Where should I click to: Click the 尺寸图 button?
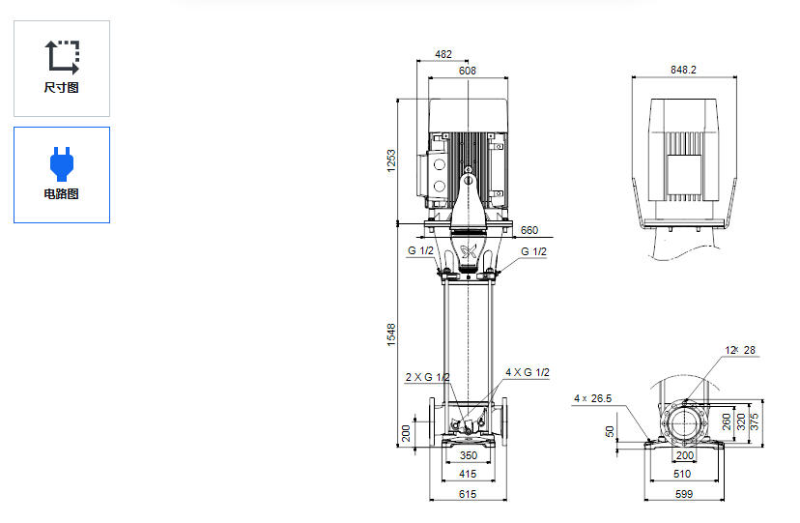click(x=62, y=69)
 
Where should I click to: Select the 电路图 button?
click(x=62, y=175)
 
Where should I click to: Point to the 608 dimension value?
click(x=468, y=71)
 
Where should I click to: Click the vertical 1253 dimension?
click(x=392, y=160)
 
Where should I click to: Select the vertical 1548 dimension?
click(x=392, y=334)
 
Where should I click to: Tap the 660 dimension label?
click(x=529, y=230)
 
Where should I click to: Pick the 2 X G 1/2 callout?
click(x=427, y=377)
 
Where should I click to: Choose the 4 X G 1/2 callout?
click(x=527, y=372)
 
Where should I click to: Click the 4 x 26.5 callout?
click(x=593, y=398)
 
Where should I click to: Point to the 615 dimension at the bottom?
click(x=468, y=494)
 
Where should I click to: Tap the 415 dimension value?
click(x=468, y=474)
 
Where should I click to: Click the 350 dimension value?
click(x=468, y=454)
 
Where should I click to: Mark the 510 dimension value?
click(x=683, y=474)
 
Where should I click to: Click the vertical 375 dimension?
click(x=757, y=422)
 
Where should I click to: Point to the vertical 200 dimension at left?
click(x=406, y=432)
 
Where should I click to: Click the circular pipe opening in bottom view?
click(x=684, y=422)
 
